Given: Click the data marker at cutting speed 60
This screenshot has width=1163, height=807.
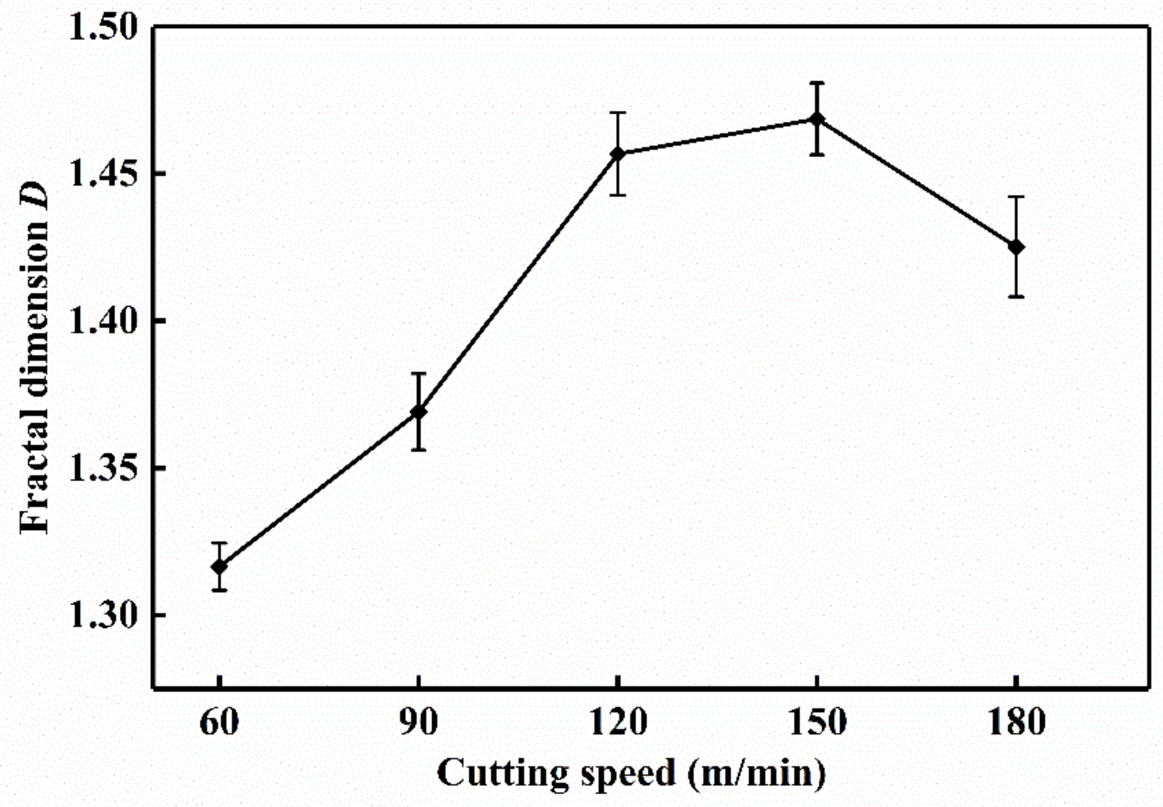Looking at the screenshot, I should click(219, 567).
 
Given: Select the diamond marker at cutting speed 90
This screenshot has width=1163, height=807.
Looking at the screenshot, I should click(418, 412).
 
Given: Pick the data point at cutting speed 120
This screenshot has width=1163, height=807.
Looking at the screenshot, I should click(617, 154).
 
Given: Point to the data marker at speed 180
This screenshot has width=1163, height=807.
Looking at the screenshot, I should click(1016, 247).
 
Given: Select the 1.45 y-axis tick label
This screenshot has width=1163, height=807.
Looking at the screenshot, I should click(103, 173).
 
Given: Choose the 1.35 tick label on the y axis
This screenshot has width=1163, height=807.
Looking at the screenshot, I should click(103, 468).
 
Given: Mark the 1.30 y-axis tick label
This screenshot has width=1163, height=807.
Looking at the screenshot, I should click(103, 615).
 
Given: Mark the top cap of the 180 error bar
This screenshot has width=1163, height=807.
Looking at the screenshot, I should click(1016, 197).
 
